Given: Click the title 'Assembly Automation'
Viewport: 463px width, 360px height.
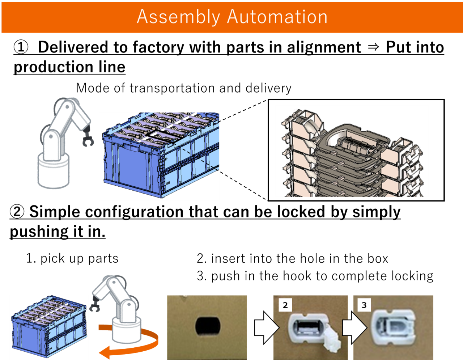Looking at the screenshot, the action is [x=232, y=17].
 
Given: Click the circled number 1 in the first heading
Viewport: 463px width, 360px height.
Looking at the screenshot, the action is [x=21, y=47].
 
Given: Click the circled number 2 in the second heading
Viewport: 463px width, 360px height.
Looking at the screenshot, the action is [x=17, y=212].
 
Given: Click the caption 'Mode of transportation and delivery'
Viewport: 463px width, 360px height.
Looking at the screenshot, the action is [x=184, y=88].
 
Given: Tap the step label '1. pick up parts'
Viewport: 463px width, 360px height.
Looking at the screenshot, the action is [x=72, y=259].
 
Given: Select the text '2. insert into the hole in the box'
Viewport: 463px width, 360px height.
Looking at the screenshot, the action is [x=292, y=259].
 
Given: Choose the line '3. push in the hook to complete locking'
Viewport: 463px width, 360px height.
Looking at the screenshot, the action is [x=315, y=276].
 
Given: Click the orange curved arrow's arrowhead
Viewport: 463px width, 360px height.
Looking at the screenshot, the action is [x=106, y=352].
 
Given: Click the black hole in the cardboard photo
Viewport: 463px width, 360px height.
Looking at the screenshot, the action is [x=208, y=326].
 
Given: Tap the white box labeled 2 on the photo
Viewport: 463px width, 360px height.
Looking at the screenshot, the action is [x=285, y=305].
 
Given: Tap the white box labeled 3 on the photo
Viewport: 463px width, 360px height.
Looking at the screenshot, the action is [x=364, y=305].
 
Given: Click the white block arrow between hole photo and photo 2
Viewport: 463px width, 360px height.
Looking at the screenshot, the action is [x=267, y=328].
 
